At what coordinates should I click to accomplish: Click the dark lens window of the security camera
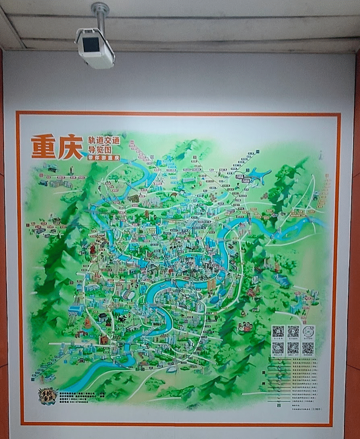(x=91, y=44)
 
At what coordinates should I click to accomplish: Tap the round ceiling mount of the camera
(x=100, y=7)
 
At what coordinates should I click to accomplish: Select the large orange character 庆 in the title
(x=70, y=148)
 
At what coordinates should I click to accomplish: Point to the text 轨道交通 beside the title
(x=104, y=141)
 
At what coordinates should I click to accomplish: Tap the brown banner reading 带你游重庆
(x=103, y=158)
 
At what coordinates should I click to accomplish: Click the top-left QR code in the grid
(x=278, y=331)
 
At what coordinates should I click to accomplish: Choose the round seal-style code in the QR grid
(x=308, y=331)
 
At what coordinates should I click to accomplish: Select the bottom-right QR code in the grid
(x=308, y=348)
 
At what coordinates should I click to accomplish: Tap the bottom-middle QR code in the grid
(x=293, y=348)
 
